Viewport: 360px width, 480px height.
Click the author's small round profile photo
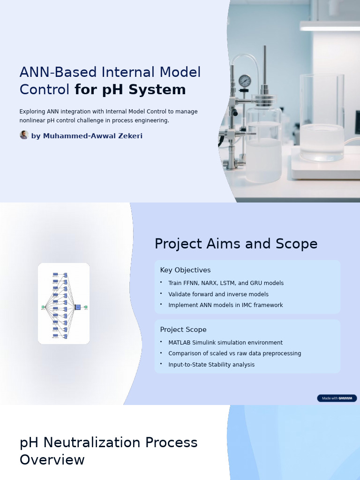pyautogui.click(x=24, y=135)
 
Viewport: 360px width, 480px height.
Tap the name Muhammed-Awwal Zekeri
pyautogui.click(x=87, y=136)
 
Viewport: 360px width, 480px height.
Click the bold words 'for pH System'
pyautogui.click(x=130, y=90)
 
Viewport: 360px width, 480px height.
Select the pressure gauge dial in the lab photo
pyautogui.click(x=245, y=81)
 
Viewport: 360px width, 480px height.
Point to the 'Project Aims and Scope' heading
pyautogui.click(x=236, y=244)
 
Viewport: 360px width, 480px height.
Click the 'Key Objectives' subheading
pyautogui.click(x=185, y=270)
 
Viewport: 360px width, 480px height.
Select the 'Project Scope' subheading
pyautogui.click(x=183, y=330)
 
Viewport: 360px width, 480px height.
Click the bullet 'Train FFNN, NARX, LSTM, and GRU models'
pyautogui.click(x=226, y=283)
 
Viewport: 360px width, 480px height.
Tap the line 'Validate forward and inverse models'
pyautogui.click(x=218, y=294)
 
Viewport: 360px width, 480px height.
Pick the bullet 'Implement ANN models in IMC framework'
pyautogui.click(x=225, y=305)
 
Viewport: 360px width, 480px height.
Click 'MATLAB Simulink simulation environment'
pyautogui.click(x=225, y=343)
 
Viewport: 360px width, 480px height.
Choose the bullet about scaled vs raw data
pyautogui.click(x=235, y=353)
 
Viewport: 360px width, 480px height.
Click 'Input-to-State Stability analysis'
pyautogui.click(x=211, y=365)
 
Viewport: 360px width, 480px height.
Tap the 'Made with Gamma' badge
pyautogui.click(x=337, y=398)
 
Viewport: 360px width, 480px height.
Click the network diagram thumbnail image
pyautogui.click(x=64, y=303)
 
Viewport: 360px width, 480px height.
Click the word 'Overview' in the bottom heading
pyautogui.click(x=52, y=460)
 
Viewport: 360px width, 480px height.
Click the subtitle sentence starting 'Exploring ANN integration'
pyautogui.click(x=108, y=116)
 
